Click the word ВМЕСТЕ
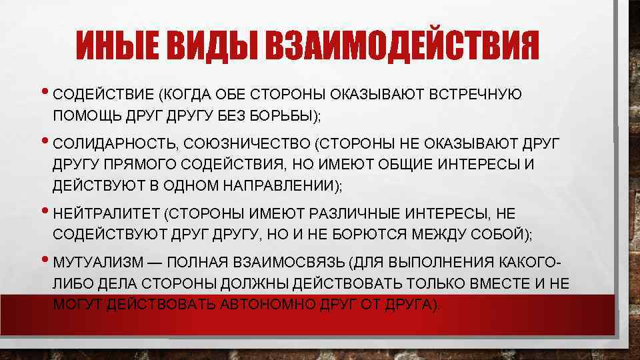(499, 283)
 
